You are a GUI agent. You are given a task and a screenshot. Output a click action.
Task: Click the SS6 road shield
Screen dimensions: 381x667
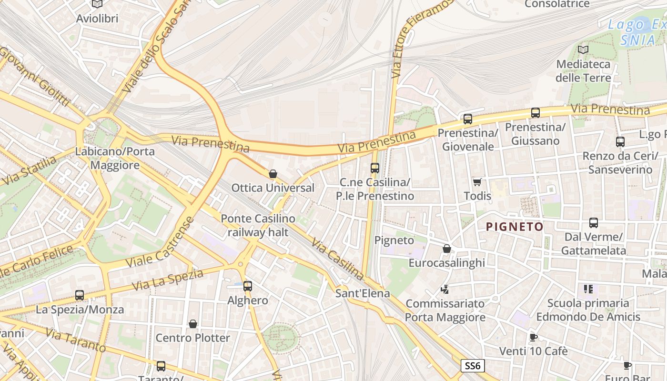(x=473, y=366)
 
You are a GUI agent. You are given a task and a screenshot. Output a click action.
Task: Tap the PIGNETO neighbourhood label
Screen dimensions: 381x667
(x=515, y=227)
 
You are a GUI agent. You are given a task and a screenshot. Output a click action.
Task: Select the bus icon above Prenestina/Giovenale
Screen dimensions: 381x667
(x=467, y=119)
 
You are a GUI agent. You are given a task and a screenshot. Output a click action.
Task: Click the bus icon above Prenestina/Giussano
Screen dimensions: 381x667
(x=536, y=113)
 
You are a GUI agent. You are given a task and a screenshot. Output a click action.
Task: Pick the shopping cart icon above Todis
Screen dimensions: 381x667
(x=477, y=182)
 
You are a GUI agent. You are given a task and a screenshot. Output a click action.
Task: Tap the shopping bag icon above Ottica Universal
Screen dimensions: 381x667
(x=273, y=174)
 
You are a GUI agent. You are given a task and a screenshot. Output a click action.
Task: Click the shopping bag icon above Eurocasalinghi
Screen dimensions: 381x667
(x=447, y=249)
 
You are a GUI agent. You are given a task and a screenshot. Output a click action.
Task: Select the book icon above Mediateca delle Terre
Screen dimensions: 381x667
(x=583, y=50)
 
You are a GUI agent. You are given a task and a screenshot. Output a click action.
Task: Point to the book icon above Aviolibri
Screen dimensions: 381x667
(x=97, y=4)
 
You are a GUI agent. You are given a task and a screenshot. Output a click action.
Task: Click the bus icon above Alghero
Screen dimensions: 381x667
(x=248, y=286)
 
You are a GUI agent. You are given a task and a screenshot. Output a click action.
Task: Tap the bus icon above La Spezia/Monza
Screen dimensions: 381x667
(x=80, y=295)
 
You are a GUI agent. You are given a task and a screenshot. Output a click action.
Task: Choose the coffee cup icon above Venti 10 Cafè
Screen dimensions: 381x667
(x=534, y=337)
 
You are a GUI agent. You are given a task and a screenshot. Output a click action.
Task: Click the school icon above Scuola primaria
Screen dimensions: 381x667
(x=588, y=289)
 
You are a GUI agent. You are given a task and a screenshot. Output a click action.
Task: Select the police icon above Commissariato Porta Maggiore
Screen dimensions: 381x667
(x=445, y=289)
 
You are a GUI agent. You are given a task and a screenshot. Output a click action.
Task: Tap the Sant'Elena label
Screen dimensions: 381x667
(x=363, y=293)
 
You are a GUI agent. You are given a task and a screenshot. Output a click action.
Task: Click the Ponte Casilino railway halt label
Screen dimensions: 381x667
(x=258, y=225)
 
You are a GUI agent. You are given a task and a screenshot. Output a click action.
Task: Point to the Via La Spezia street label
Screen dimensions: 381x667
(x=167, y=280)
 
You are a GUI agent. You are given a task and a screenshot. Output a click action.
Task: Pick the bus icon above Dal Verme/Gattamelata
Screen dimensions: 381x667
(x=594, y=222)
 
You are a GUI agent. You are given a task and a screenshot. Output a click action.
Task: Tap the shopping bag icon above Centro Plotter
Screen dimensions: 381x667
(x=193, y=324)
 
